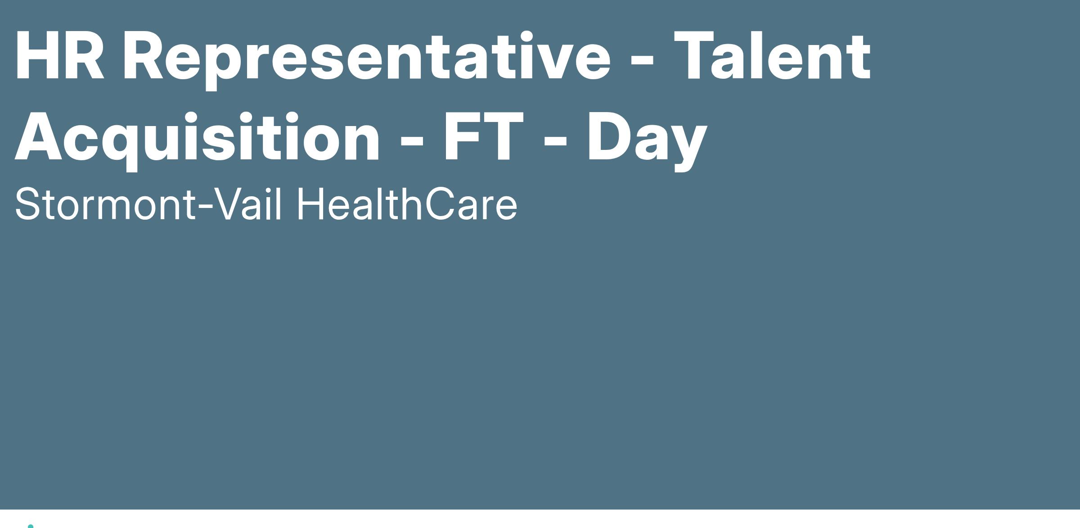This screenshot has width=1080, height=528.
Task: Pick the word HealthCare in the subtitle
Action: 407,204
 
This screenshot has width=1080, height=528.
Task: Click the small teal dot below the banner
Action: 31,526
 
